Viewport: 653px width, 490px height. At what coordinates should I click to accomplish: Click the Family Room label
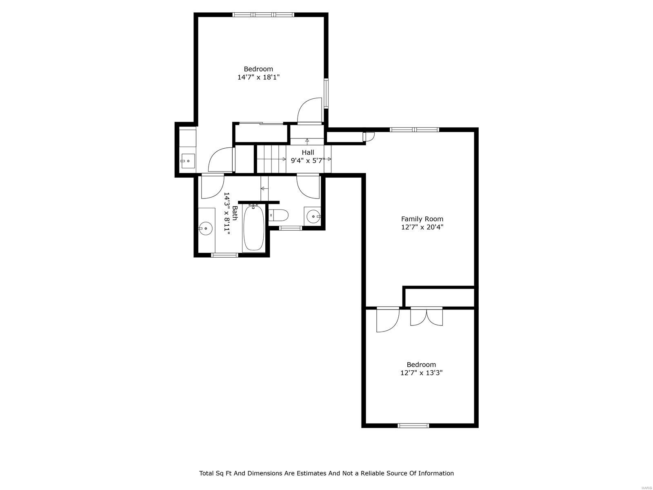[422, 219]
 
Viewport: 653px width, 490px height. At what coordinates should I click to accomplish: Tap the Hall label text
[308, 152]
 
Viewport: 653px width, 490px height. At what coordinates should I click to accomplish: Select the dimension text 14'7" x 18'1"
[258, 77]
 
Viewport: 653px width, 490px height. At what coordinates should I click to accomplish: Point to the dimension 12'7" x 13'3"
[421, 372]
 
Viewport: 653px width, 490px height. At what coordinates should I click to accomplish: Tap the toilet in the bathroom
[279, 215]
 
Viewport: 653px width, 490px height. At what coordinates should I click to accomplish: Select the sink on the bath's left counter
[206, 229]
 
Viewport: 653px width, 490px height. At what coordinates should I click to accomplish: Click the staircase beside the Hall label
[271, 159]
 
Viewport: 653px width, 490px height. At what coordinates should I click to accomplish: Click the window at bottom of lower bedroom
[413, 425]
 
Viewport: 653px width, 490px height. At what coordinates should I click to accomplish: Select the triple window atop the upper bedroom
[263, 15]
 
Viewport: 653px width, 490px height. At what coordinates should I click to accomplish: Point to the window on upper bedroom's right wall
[326, 93]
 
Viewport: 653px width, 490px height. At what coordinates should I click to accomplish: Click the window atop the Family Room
[414, 130]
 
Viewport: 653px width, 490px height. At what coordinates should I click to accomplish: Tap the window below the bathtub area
[224, 255]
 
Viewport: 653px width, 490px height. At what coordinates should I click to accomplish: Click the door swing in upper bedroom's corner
[310, 111]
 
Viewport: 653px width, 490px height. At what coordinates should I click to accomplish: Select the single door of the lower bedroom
[387, 319]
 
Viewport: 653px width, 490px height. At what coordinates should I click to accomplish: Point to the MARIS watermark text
[646, 487]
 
